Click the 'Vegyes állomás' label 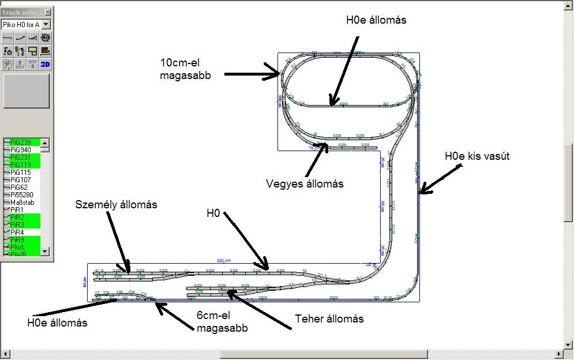pyautogui.click(x=305, y=184)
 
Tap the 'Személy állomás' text pyautogui.click(x=116, y=205)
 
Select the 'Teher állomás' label pyautogui.click(x=329, y=319)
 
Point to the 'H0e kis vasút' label pyautogui.click(x=478, y=156)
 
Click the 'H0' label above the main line pyautogui.click(x=213, y=213)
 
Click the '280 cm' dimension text pyautogui.click(x=224, y=261)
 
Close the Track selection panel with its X pyautogui.click(x=47, y=12)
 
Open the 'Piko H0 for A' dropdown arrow pyautogui.click(x=46, y=25)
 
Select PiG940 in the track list pyautogui.click(x=21, y=149)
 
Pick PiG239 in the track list pyautogui.click(x=21, y=142)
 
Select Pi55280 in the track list pyautogui.click(x=22, y=194)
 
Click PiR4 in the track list pyautogui.click(x=17, y=232)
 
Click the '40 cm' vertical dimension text pyautogui.click(x=85, y=282)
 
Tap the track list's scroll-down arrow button pyautogui.click(x=44, y=252)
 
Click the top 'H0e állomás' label pyautogui.click(x=376, y=20)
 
